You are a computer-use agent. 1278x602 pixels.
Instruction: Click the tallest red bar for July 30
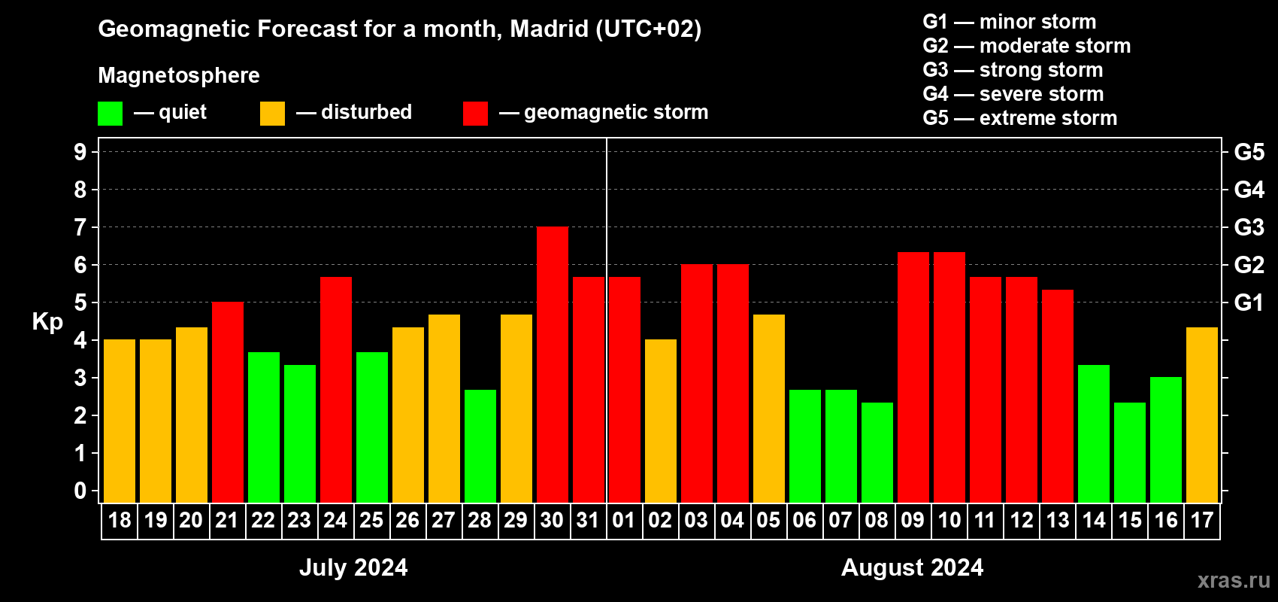[x=553, y=364]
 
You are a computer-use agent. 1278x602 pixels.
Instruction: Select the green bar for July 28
[x=480, y=445]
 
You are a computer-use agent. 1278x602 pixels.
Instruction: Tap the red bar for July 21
[x=228, y=402]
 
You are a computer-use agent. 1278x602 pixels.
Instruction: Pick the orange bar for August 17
[x=1202, y=415]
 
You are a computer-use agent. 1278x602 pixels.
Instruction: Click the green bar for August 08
[x=877, y=452]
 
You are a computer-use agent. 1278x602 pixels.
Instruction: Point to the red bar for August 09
[x=913, y=377]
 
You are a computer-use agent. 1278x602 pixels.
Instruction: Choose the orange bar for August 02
[x=661, y=421]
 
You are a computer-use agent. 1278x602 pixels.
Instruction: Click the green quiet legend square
[x=111, y=114]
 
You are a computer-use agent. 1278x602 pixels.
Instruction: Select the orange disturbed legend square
[x=273, y=114]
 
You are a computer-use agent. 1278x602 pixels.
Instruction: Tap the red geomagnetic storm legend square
[x=475, y=114]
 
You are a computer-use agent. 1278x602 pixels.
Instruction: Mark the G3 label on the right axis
[x=1249, y=227]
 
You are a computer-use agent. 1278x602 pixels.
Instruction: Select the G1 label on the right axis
[x=1249, y=303]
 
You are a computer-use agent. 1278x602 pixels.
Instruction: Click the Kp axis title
[x=47, y=322]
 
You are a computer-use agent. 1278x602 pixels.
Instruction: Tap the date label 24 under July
[x=335, y=521]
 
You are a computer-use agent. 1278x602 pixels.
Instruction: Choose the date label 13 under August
[x=1058, y=521]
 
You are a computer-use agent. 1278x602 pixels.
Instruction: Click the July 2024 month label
[x=353, y=567]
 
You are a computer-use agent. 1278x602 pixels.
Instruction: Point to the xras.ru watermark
[x=1234, y=580]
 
